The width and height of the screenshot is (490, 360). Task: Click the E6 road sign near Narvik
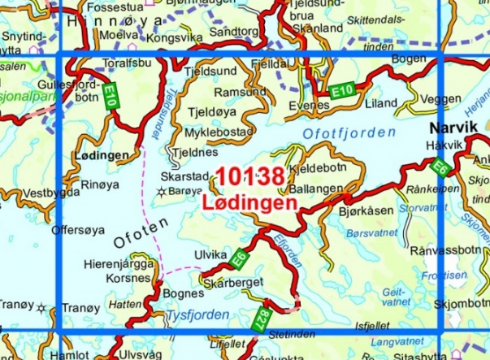tap(440, 167)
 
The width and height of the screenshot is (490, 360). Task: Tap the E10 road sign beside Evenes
tap(340, 94)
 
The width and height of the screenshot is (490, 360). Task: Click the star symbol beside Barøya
tap(163, 192)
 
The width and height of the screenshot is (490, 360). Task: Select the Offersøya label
tap(78, 230)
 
